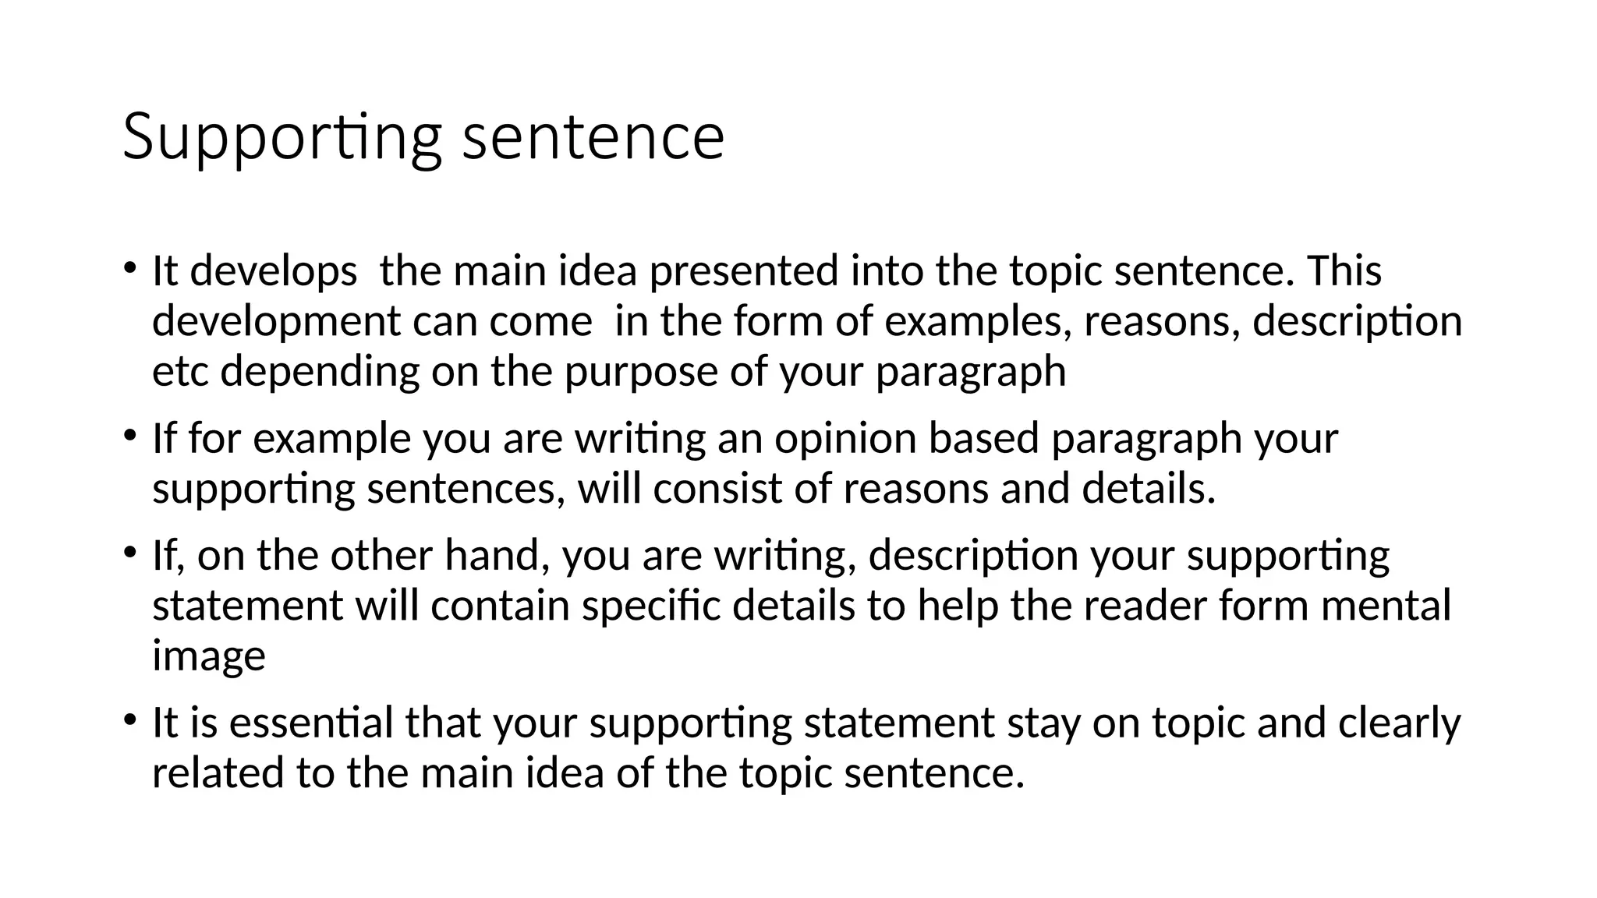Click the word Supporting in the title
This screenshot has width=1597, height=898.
point(283,138)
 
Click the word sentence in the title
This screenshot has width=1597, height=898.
point(593,138)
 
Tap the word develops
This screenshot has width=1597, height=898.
point(273,271)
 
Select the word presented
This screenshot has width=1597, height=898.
point(743,271)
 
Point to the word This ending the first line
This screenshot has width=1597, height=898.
point(1343,271)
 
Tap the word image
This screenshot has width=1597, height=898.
point(208,656)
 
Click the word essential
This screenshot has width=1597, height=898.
point(311,723)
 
